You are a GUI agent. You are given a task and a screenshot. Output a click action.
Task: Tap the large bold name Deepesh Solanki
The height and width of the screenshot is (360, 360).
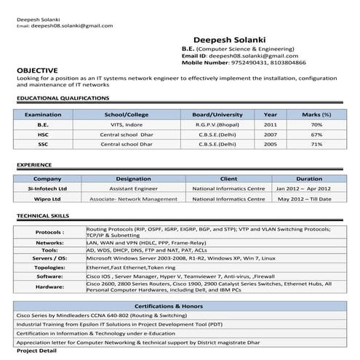[x=230, y=39]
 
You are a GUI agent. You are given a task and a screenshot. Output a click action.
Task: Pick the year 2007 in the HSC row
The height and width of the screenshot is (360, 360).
[x=271, y=135]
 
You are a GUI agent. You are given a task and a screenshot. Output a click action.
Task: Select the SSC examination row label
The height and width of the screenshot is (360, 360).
[x=43, y=144]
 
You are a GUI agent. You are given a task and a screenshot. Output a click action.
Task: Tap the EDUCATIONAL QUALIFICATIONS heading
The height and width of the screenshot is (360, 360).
[x=63, y=97]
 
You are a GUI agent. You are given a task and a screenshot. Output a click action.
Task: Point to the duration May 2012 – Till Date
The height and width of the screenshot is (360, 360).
[x=305, y=198]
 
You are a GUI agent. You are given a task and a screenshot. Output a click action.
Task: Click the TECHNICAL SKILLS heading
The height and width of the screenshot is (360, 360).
[x=43, y=216]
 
